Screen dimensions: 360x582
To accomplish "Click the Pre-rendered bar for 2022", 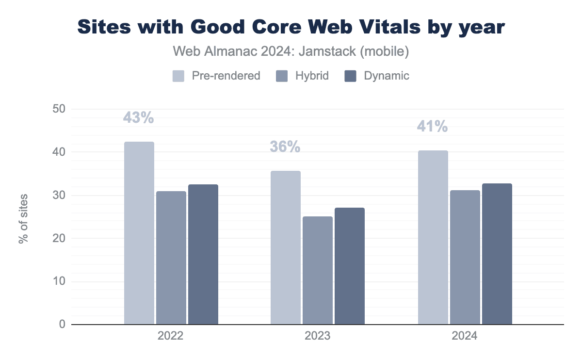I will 139,233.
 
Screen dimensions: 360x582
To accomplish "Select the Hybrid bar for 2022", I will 171,258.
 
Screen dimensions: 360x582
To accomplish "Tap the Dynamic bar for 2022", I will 203,254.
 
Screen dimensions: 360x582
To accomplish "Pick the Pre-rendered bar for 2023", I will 286,247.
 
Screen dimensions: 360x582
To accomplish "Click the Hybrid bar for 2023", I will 318,270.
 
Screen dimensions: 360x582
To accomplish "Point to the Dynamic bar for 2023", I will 350,266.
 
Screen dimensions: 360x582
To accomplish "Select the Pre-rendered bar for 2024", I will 433,237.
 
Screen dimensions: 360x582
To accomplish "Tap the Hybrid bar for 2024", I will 465,257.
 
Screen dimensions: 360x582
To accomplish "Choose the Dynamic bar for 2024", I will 497,254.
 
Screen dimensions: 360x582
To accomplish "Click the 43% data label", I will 138,118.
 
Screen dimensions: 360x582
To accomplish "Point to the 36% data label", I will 285,147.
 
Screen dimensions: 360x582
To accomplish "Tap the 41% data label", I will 432,127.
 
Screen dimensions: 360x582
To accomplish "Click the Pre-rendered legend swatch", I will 178,76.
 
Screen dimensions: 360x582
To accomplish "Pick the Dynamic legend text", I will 387,76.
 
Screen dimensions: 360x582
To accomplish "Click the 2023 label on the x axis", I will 318,336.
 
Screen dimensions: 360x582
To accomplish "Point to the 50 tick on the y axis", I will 59,109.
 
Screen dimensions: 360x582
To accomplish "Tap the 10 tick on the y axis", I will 59,281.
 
